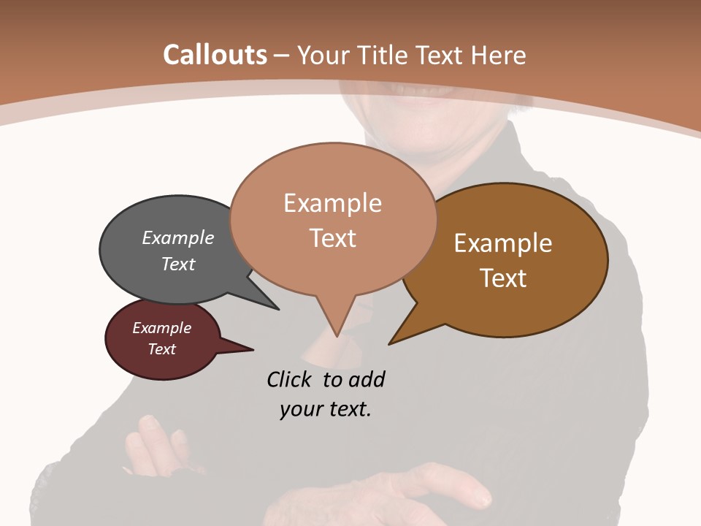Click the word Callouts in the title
(x=215, y=55)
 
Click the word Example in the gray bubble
(x=178, y=237)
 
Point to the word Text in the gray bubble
(x=178, y=264)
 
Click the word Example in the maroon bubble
(x=161, y=328)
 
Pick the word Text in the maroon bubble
(x=161, y=349)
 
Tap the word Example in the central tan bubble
(x=332, y=203)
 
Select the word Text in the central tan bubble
(x=332, y=237)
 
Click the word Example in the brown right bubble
(x=503, y=243)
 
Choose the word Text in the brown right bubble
(x=503, y=278)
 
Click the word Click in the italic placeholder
(x=292, y=379)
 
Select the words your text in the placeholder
(x=326, y=409)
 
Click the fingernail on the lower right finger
(x=481, y=500)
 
